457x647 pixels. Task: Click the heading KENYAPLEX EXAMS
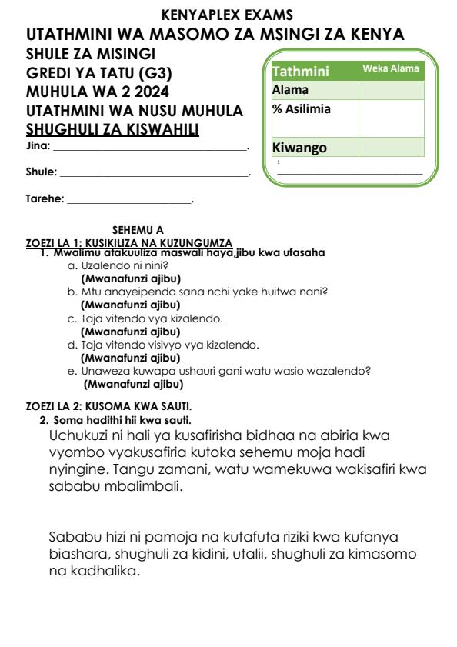[228, 14]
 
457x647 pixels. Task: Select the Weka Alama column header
[391, 69]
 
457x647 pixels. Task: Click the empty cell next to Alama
[390, 90]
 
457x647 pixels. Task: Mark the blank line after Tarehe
[128, 202]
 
